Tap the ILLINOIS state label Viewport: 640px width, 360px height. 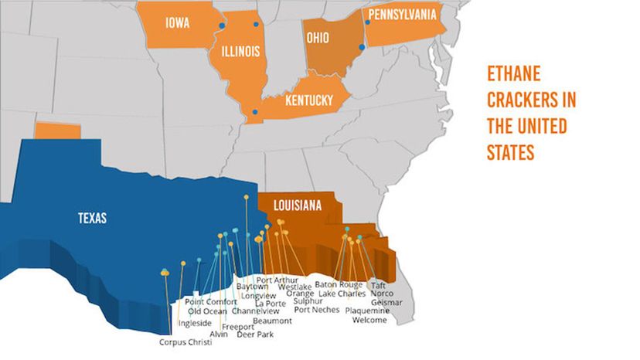click(240, 53)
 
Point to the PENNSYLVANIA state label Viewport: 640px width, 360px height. click(402, 15)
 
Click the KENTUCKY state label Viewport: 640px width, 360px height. click(308, 100)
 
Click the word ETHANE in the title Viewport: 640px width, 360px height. click(513, 75)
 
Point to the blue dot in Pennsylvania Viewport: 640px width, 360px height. click(367, 22)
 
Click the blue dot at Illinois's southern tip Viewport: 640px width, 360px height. click(256, 113)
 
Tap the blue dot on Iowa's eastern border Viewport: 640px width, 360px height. click(221, 25)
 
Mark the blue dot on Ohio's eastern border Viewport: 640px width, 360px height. click(362, 47)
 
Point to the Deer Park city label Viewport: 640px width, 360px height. click(254, 335)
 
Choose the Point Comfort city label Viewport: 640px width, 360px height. click(210, 301)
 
